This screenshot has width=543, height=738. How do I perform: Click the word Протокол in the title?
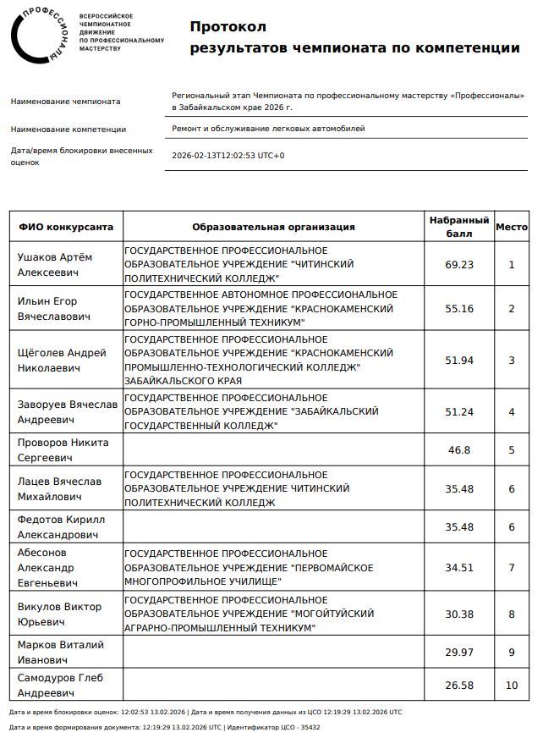[228, 27]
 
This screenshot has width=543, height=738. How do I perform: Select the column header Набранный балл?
[459, 227]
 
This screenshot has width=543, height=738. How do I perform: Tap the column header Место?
[511, 227]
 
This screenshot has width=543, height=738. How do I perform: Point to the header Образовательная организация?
[273, 227]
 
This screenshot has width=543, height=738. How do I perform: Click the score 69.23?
[459, 265]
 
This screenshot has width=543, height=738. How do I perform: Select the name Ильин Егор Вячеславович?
[54, 309]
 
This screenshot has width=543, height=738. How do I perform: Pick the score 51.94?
[459, 361]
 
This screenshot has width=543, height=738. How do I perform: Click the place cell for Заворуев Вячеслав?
[511, 412]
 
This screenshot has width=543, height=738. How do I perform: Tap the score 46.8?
[459, 450]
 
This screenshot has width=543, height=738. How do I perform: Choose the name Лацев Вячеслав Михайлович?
[59, 489]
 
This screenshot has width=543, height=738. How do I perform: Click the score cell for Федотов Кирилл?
[459, 527]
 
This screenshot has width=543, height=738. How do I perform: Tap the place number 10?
[511, 685]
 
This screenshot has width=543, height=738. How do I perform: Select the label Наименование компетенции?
[69, 129]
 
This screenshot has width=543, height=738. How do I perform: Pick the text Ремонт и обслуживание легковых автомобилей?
[268, 129]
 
